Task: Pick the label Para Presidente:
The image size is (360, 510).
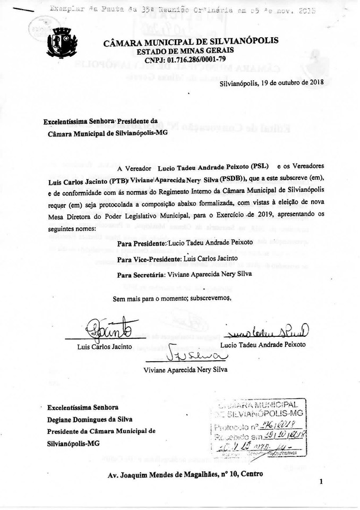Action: tap(141, 243)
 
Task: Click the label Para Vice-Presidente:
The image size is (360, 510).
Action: tap(149, 258)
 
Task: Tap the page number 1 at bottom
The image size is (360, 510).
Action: tap(322, 481)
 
